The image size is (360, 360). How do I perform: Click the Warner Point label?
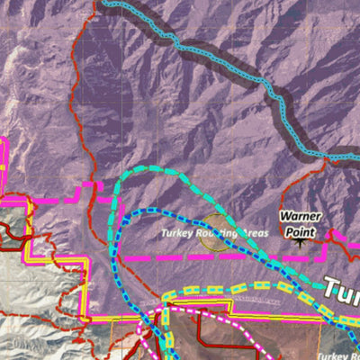299,223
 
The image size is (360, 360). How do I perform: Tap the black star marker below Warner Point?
300,241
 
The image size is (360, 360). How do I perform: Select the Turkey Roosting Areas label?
214,233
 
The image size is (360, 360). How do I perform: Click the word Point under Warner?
301,229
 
